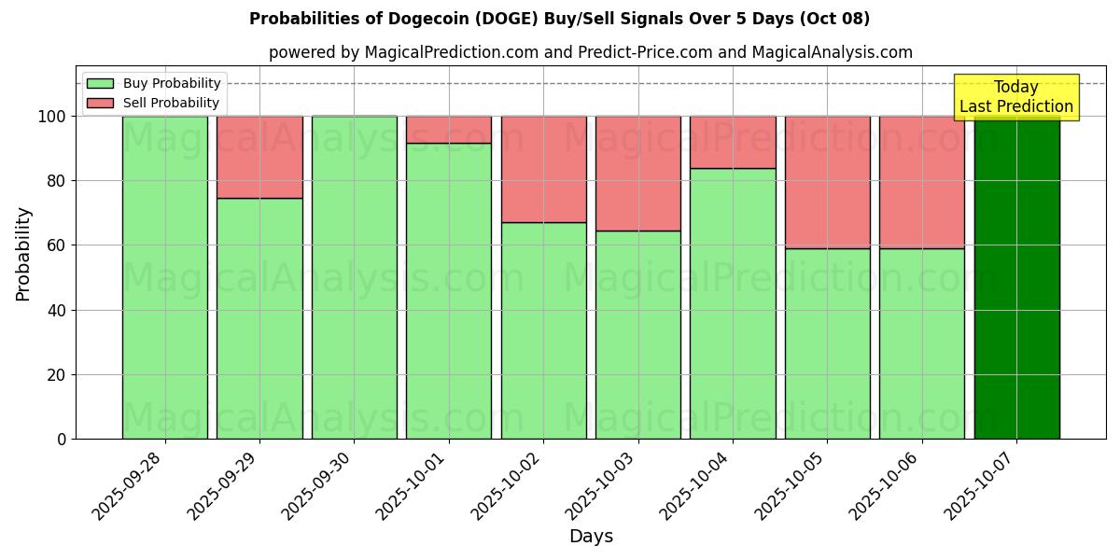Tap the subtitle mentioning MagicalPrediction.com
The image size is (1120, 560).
590,52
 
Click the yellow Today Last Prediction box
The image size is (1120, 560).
1015,97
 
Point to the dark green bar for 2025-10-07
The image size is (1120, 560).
1016,280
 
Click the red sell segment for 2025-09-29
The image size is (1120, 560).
259,157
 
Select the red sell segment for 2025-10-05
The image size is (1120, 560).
827,182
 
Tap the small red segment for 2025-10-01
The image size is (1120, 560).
449,130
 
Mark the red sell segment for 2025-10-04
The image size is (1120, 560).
733,142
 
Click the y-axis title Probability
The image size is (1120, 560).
23,254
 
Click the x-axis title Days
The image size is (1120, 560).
591,537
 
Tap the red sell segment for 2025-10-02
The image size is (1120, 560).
543,169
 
